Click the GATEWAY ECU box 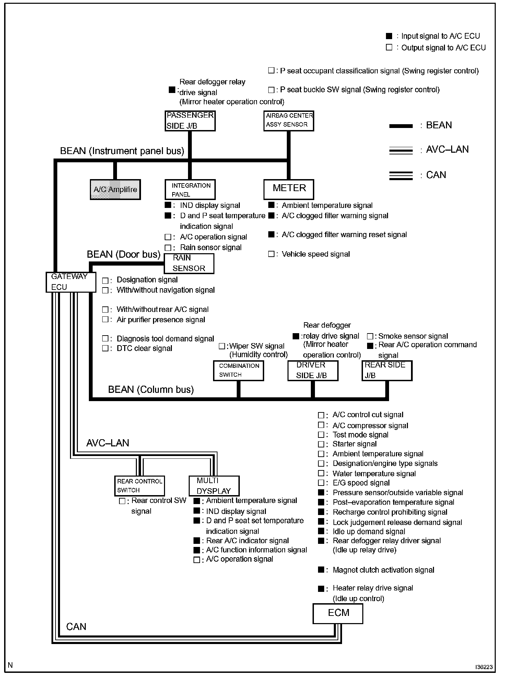pyautogui.click(x=71, y=282)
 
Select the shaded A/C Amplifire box pyautogui.click(x=115, y=189)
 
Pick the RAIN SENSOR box pyautogui.click(x=189, y=264)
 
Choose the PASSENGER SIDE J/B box pyautogui.click(x=190, y=121)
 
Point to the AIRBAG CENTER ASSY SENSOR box pyautogui.click(x=289, y=121)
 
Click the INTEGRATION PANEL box pyautogui.click(x=190, y=190)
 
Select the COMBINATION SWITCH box pyautogui.click(x=238, y=371)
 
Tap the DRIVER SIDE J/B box pyautogui.click(x=313, y=371)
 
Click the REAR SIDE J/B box pyautogui.click(x=387, y=371)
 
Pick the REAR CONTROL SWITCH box pyautogui.click(x=139, y=486)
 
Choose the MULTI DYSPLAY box pyautogui.click(x=214, y=486)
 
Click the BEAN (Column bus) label pyautogui.click(x=151, y=389)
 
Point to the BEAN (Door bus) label pyautogui.click(x=124, y=254)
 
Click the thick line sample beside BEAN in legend pyautogui.click(x=401, y=126)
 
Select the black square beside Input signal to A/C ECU pyautogui.click(x=389, y=36)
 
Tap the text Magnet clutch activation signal pyautogui.click(x=383, y=570)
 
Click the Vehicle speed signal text pyautogui.click(x=316, y=254)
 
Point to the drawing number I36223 pyautogui.click(x=484, y=667)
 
